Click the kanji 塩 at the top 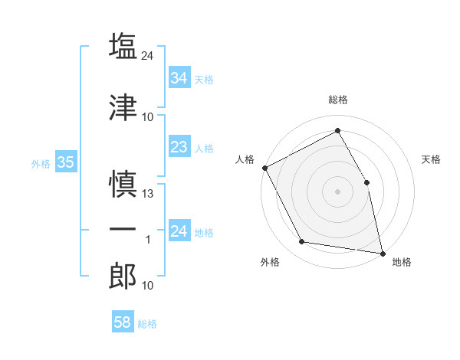click(x=123, y=46)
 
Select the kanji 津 click(x=123, y=107)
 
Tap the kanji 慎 click(x=123, y=184)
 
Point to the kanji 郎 click(x=123, y=276)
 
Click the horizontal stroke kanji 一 click(x=123, y=229)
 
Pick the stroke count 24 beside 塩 click(x=147, y=56)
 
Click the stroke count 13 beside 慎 click(x=147, y=194)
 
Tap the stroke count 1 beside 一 click(x=148, y=240)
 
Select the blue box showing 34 click(x=179, y=77)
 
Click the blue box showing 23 click(x=179, y=146)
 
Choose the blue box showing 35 click(x=66, y=162)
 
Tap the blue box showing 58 click(x=123, y=321)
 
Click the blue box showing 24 click(x=179, y=230)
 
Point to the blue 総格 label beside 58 click(x=147, y=324)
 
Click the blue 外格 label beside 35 click(x=41, y=164)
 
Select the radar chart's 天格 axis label click(x=431, y=159)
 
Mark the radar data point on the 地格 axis click(x=383, y=254)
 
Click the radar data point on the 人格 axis click(x=265, y=168)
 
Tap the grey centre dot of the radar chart click(x=337, y=191)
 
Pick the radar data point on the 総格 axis click(x=337, y=130)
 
